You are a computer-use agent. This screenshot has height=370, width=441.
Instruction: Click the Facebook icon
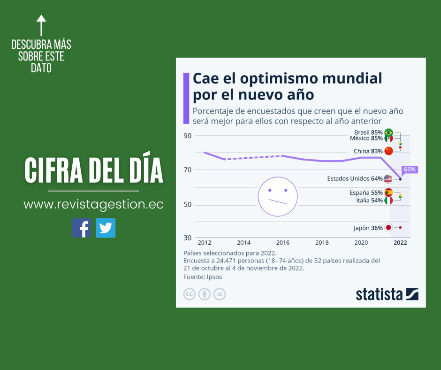pos(82,228)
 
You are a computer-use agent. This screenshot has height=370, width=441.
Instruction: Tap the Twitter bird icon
pos(106,228)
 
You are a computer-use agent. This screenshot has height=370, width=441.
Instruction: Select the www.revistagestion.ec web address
pos(93,205)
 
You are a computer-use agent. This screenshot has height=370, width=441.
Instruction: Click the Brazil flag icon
pos(388,132)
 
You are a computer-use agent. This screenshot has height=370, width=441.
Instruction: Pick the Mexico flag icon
pos(388,139)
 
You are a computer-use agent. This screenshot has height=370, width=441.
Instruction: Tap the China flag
pos(388,151)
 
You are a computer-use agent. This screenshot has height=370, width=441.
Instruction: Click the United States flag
pos(388,178)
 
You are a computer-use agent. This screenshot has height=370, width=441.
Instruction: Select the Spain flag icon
pos(388,193)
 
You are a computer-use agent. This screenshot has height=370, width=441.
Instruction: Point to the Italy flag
pos(388,200)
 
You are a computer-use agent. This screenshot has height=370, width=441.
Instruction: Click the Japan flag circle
pos(388,228)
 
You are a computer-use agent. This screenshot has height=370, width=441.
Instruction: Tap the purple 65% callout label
pos(409,170)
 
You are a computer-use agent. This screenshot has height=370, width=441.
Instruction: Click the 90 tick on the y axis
pos(188,136)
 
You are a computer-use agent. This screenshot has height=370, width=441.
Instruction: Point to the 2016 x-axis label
pos(282,243)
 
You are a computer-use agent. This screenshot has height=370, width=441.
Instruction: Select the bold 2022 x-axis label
pos(400,243)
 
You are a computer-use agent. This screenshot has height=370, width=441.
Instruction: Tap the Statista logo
pos(387,294)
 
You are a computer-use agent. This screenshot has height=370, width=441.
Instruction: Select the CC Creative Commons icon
pos(190,294)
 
